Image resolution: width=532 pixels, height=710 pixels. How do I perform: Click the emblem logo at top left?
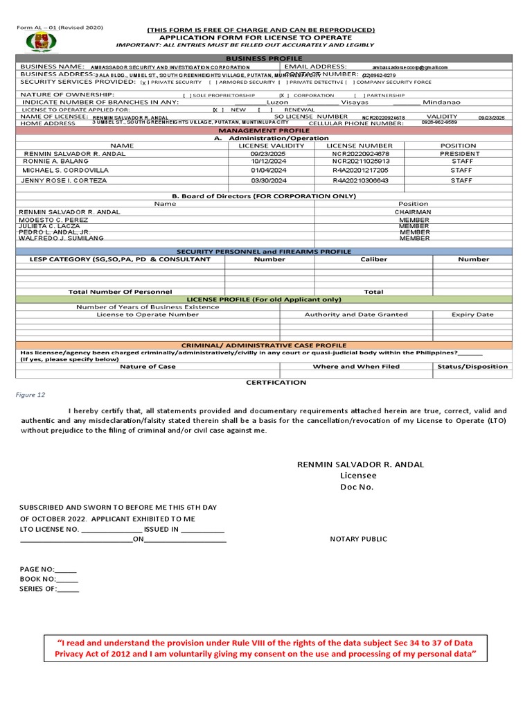38,42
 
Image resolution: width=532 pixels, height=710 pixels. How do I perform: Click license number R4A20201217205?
360,170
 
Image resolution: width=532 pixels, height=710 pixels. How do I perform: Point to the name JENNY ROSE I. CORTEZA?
65,180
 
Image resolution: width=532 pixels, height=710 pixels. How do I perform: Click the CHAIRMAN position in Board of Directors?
413,212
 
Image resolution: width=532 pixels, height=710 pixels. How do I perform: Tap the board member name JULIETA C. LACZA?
50,226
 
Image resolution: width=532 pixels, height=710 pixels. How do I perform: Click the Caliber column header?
373,259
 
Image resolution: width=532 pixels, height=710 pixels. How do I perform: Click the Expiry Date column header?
472,314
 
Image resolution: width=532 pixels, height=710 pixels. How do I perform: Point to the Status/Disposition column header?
472,366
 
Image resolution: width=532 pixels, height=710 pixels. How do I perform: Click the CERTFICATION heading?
276,382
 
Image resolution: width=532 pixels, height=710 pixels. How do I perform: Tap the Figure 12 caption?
30,395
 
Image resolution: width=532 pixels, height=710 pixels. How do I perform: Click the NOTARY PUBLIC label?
358,539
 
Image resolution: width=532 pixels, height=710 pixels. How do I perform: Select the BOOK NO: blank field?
67,579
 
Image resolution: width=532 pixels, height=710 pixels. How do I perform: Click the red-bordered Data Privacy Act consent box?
265,649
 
